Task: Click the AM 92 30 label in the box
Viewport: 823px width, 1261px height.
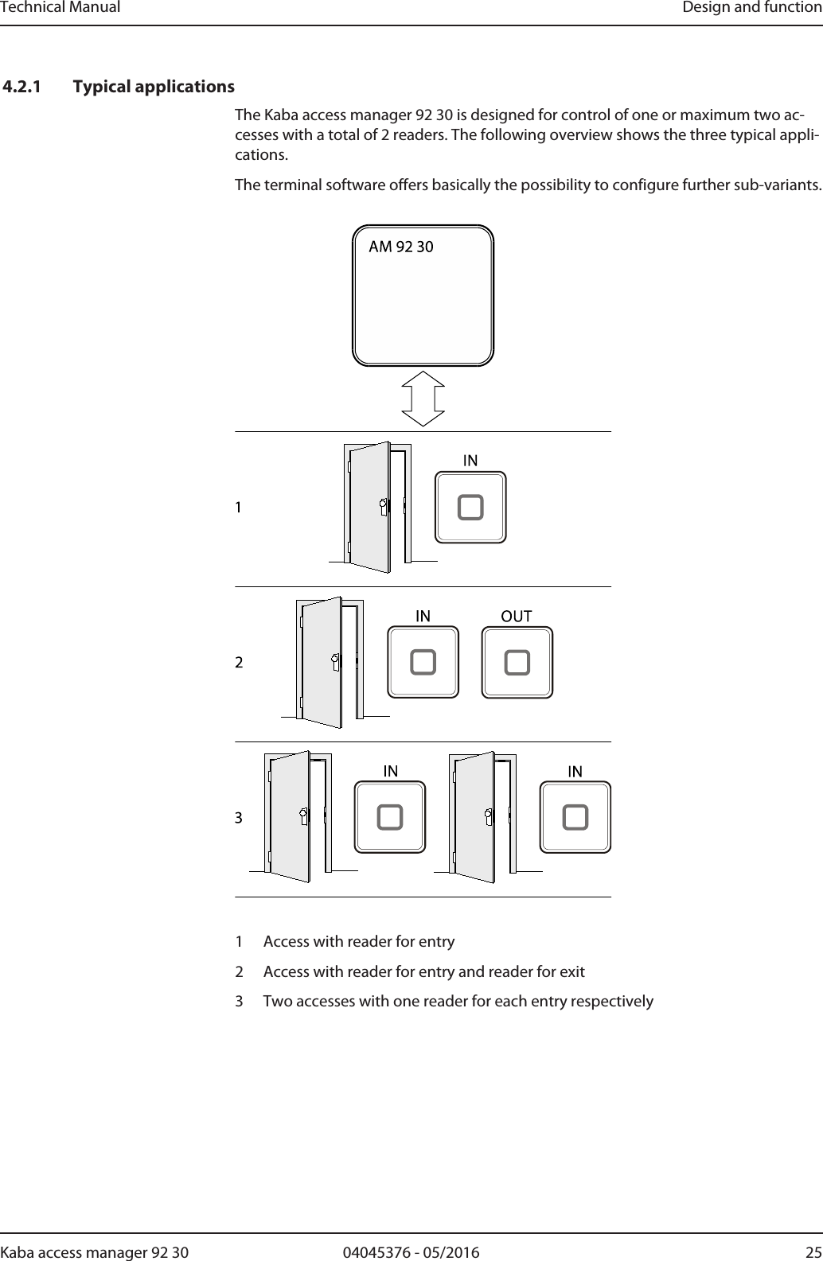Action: coord(401,247)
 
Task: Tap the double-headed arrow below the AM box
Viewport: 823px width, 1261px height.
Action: coord(423,399)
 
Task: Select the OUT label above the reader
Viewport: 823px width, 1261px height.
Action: coord(517,616)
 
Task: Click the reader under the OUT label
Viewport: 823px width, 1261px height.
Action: coord(517,663)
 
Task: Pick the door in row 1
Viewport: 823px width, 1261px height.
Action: coord(370,507)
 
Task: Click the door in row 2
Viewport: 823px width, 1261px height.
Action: coord(322,662)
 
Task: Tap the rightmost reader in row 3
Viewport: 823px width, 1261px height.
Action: coord(575,818)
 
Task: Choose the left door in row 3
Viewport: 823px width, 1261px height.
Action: coord(290,817)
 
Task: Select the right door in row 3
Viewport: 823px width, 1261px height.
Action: coord(475,817)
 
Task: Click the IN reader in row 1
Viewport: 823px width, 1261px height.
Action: coord(470,508)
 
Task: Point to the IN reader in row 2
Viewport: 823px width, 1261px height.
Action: coord(423,663)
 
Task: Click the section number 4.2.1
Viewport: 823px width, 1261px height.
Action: coord(24,86)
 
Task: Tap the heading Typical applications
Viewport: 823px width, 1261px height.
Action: coord(154,86)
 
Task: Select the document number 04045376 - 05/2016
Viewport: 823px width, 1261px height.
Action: coord(411,1252)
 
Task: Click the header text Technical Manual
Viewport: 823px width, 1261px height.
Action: coord(60,8)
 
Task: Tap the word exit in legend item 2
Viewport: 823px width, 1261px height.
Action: coord(572,971)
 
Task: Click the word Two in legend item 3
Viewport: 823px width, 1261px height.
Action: coord(277,1001)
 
